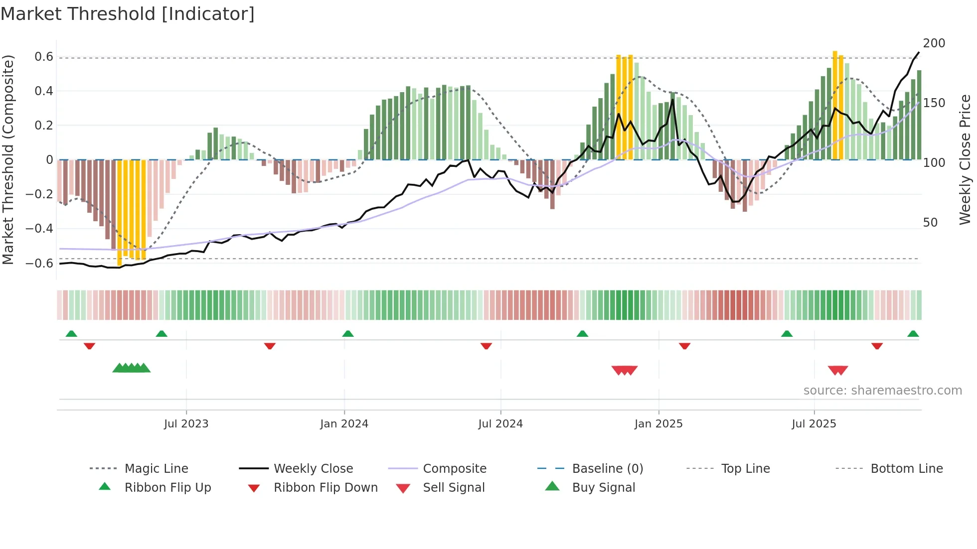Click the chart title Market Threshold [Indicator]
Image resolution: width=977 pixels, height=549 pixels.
pos(128,14)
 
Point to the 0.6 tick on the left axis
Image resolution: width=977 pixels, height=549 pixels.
pos(44,57)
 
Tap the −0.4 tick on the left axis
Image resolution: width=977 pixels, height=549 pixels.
pos(39,229)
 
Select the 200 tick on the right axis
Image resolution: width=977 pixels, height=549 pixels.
pos(934,43)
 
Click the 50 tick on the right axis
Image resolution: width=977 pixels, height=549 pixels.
pos(930,223)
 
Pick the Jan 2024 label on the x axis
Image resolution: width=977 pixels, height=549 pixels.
pos(344,424)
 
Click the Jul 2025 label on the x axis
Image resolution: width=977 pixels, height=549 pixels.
pos(814,424)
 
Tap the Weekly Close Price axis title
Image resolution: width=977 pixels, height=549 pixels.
pos(966,159)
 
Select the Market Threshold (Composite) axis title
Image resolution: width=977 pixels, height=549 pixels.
pos(8,159)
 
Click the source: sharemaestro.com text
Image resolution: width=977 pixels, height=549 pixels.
pos(882,391)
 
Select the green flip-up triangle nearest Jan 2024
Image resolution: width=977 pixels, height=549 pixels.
pos(348,334)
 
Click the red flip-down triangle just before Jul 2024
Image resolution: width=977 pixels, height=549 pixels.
pos(486,346)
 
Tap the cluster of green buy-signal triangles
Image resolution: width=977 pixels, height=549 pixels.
pos(132,368)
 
